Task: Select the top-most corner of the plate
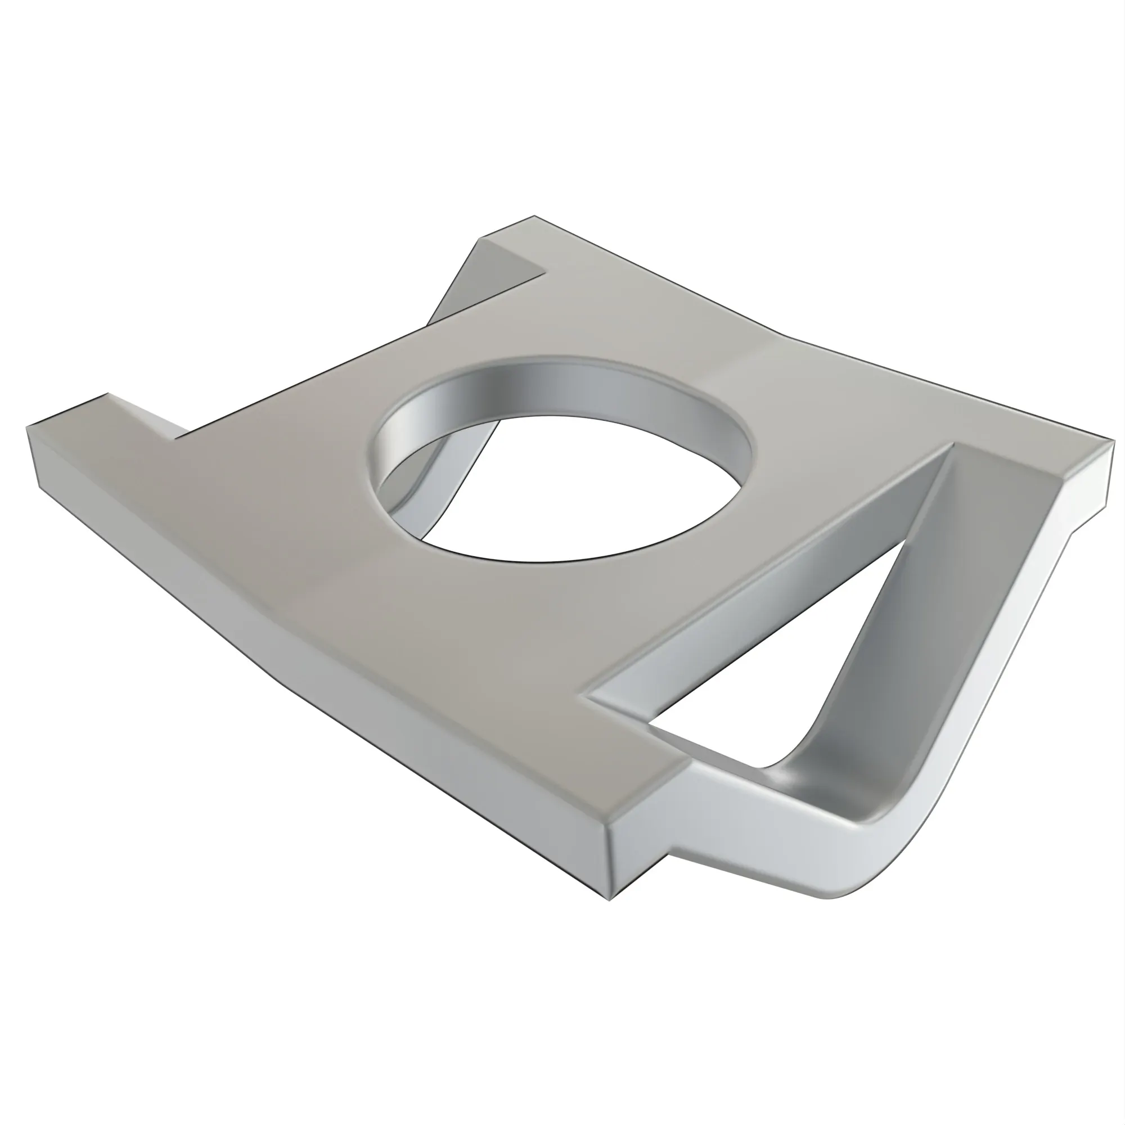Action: coord(534,217)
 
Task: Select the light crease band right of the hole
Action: coord(733,373)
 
